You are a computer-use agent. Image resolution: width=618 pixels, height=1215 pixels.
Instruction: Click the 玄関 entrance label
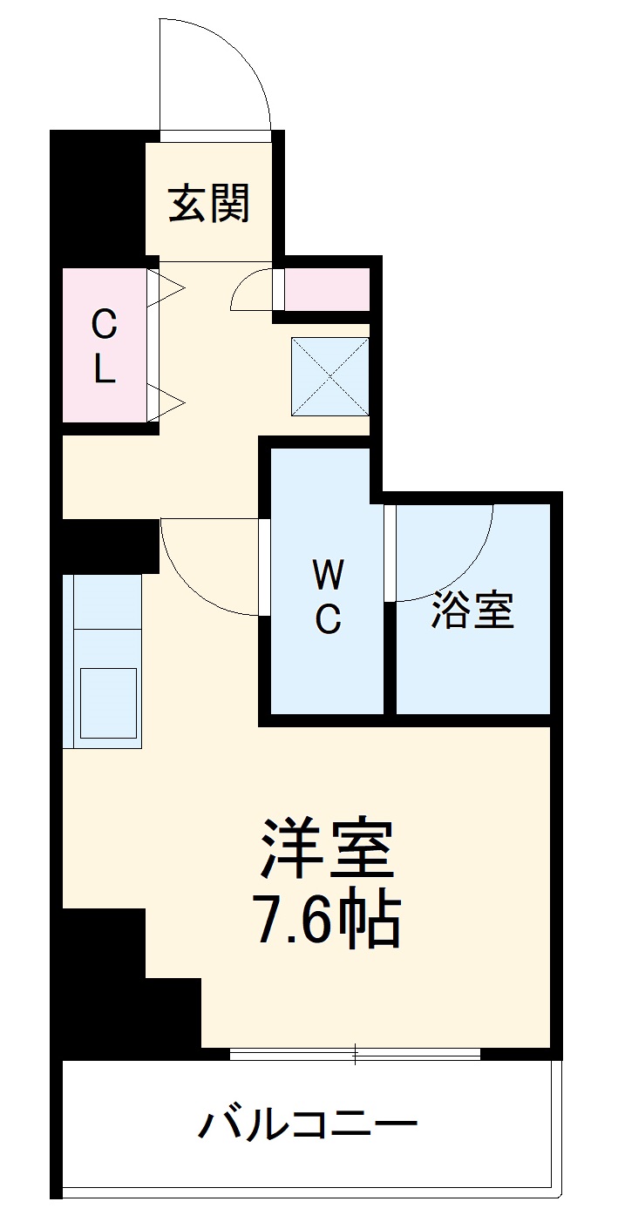click(209, 203)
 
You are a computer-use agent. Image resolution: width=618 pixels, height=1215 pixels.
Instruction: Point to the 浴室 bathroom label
click(472, 611)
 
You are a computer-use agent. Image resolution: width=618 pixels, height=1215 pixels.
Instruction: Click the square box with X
click(329, 375)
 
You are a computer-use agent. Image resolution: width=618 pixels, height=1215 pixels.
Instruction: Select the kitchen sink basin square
click(108, 703)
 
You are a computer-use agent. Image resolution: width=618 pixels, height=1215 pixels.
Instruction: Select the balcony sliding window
click(355, 1054)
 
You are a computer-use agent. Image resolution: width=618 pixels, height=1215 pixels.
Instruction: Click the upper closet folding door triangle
click(169, 287)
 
